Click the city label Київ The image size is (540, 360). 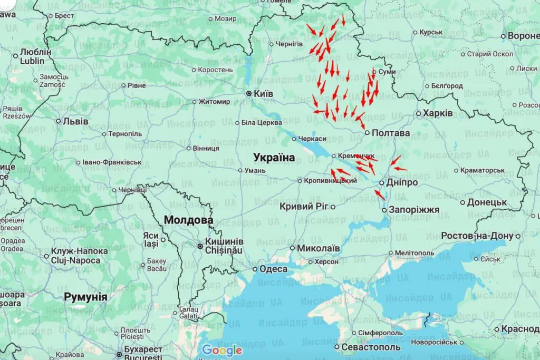(264, 93)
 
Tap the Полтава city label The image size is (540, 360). (391, 133)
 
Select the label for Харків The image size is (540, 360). (438, 113)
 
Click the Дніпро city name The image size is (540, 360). (402, 182)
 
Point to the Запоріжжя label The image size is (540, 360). (414, 210)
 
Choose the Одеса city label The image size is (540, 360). (274, 269)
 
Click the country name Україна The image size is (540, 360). (274, 157)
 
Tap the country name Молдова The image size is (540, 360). (188, 220)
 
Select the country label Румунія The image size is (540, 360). (85, 297)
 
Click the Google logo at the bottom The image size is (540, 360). (222, 350)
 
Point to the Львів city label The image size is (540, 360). (75, 121)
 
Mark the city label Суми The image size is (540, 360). (387, 72)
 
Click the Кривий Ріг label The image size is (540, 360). (304, 207)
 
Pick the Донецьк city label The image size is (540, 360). (487, 202)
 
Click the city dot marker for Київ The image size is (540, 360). (249, 93)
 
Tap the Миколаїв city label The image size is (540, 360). (319, 248)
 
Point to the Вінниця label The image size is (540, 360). (206, 148)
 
